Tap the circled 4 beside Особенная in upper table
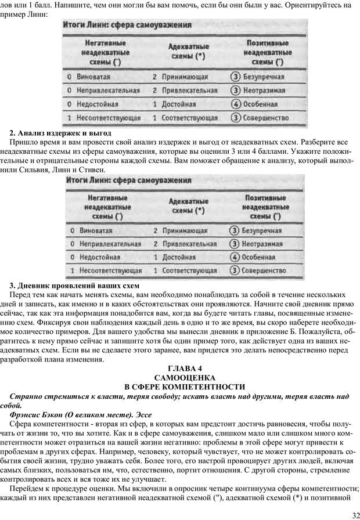tap(235, 104)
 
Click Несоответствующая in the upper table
tap(107, 118)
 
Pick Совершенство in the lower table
tap(265, 270)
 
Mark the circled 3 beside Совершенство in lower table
tap(235, 270)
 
